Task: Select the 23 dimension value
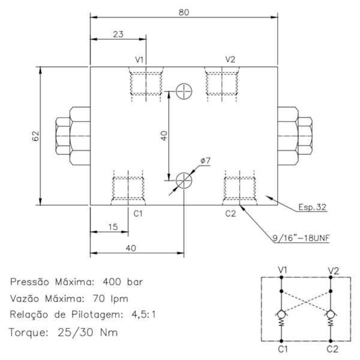tap(118, 34)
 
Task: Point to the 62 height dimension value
tap(34, 136)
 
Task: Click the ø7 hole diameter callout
tap(204, 161)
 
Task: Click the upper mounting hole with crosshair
tap(184, 92)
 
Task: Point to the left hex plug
tap(71, 136)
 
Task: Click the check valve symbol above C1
tap(281, 314)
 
